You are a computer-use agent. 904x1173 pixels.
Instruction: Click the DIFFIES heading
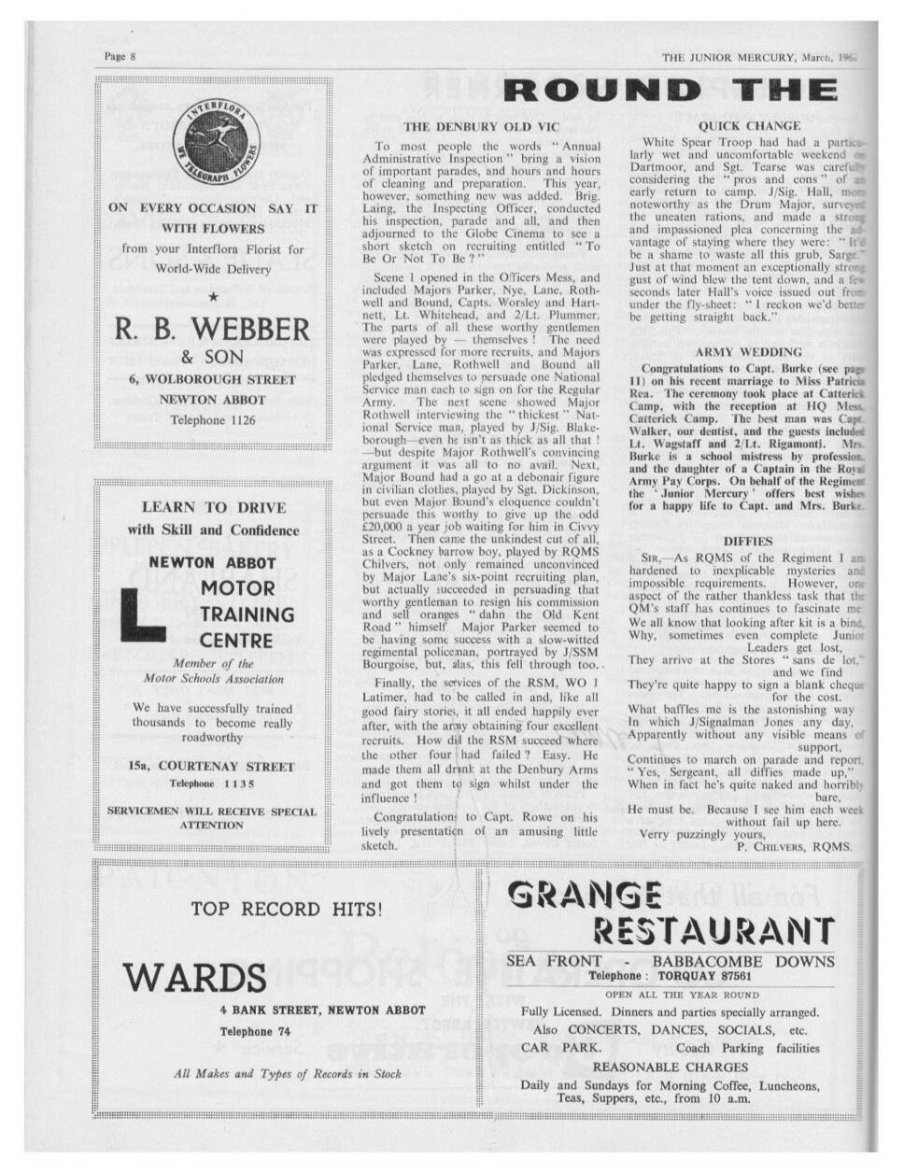point(749,540)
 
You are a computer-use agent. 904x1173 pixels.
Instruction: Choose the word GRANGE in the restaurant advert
point(584,896)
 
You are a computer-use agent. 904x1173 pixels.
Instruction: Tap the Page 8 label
point(120,57)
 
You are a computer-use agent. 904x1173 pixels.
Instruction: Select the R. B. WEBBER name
point(212,329)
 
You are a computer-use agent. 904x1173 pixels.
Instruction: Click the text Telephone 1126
point(212,420)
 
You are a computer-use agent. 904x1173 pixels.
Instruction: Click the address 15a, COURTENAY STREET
point(211,766)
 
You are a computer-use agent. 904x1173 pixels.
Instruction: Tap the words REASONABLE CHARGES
point(671,1067)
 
